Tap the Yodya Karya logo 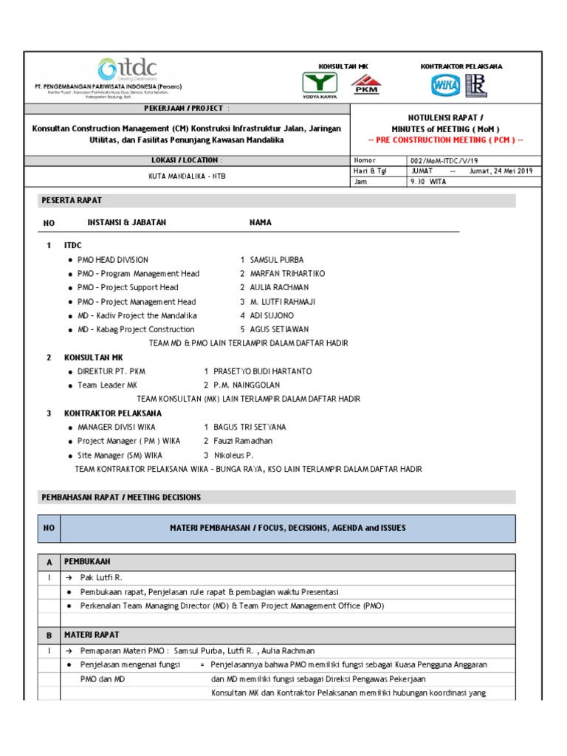pyautogui.click(x=320, y=85)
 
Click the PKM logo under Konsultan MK pyautogui.click(x=366, y=85)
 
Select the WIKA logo pyautogui.click(x=445, y=86)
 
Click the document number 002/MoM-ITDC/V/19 pyautogui.click(x=441, y=160)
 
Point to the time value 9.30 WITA pyautogui.click(x=429, y=181)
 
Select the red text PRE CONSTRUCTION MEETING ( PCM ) pyautogui.click(x=445, y=140)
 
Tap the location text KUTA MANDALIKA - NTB pyautogui.click(x=185, y=176)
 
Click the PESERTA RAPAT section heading pyautogui.click(x=72, y=200)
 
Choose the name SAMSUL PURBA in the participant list pyautogui.click(x=277, y=260)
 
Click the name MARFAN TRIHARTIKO pyautogui.click(x=287, y=274)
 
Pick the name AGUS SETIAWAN pyautogui.click(x=279, y=329)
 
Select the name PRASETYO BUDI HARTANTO pyautogui.click(x=262, y=371)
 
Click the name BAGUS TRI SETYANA pyautogui.click(x=250, y=427)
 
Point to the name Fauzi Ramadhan pyautogui.click(x=243, y=441)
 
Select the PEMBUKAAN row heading pyautogui.click(x=87, y=561)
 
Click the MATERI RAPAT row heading pyautogui.click(x=92, y=634)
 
